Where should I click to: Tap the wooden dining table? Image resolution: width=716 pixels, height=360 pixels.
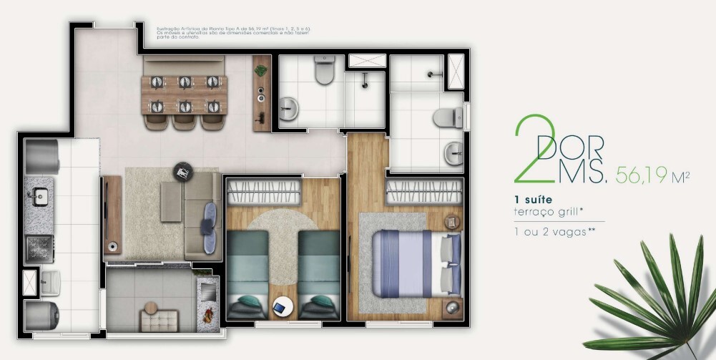click(x=184, y=94)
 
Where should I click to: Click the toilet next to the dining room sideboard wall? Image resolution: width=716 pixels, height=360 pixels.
click(x=324, y=70)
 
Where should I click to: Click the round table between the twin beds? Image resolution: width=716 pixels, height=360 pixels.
click(x=283, y=307)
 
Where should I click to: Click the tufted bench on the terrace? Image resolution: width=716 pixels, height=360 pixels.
click(x=159, y=320)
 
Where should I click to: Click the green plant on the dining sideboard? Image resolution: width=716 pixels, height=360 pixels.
click(x=261, y=71)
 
